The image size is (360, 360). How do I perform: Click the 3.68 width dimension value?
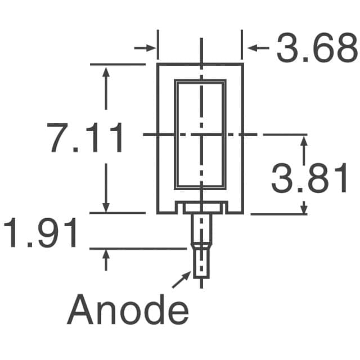point(317,48)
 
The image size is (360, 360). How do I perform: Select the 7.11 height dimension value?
point(84,138)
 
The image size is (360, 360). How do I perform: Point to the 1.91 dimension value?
point(40,233)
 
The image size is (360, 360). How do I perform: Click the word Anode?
point(128,309)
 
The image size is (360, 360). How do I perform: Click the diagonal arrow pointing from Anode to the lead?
point(181,280)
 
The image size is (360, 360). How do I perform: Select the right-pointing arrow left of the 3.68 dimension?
point(145,48)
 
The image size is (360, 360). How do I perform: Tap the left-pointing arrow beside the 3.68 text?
point(258,48)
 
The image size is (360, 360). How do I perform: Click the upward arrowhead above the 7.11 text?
point(106,73)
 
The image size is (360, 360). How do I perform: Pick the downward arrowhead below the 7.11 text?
point(106,208)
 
